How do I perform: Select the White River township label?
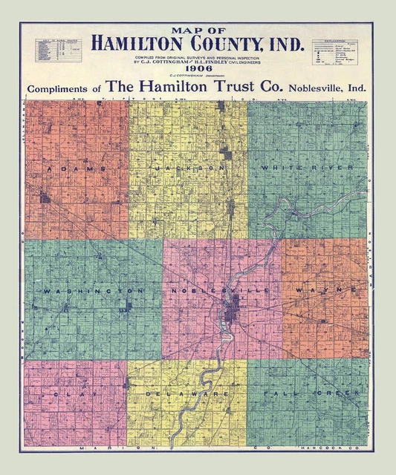(x=307, y=169)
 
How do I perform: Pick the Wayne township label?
(x=321, y=289)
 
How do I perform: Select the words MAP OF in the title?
(x=197, y=30)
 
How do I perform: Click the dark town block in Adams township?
(x=45, y=198)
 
